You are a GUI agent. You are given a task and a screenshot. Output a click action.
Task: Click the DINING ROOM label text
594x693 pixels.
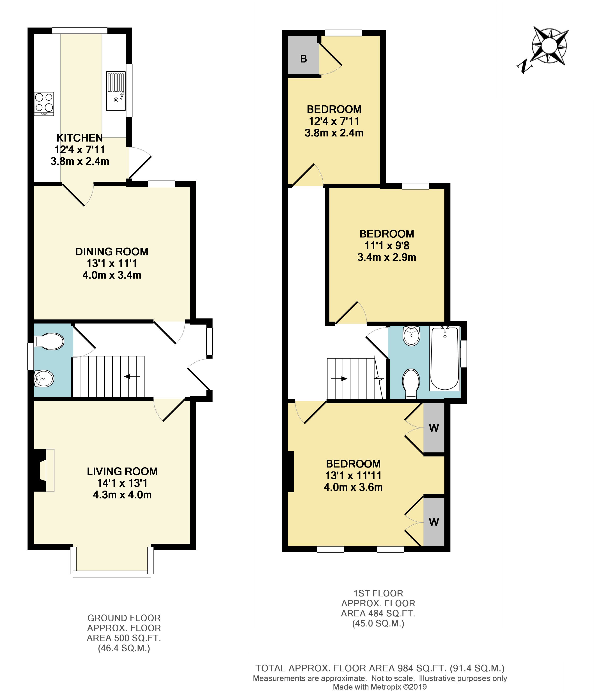click(112, 252)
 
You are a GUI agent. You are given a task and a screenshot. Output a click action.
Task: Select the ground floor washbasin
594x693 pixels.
click(44, 379)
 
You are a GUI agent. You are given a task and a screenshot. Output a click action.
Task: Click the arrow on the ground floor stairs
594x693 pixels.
click(132, 377)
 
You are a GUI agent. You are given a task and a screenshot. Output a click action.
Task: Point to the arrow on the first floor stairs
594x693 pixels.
click(339, 379)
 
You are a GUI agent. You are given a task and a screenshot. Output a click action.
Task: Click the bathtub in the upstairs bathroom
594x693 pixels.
click(445, 359)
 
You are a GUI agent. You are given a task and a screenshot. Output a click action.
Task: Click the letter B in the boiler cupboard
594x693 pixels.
click(303, 59)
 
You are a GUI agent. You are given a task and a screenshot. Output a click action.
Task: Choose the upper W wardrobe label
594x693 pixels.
click(434, 428)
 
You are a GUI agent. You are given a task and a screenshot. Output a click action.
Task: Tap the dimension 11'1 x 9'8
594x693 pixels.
click(387, 246)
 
